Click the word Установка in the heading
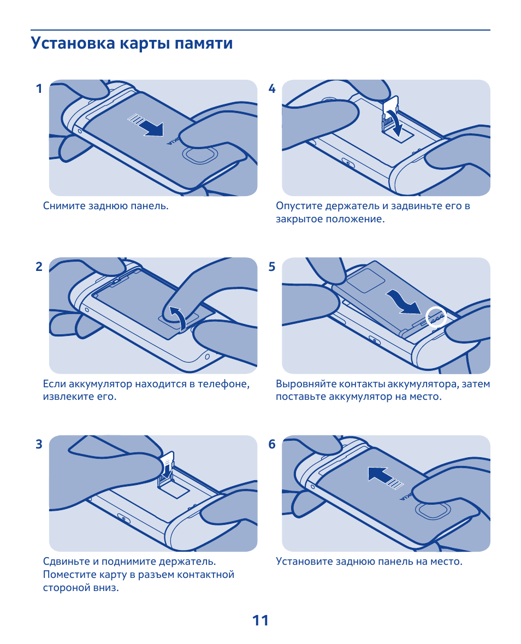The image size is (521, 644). pos(73,43)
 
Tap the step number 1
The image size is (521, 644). pos(39,88)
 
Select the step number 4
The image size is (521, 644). pos(272,88)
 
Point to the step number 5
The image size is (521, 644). pos(272,267)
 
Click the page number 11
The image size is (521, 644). pos(260,620)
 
